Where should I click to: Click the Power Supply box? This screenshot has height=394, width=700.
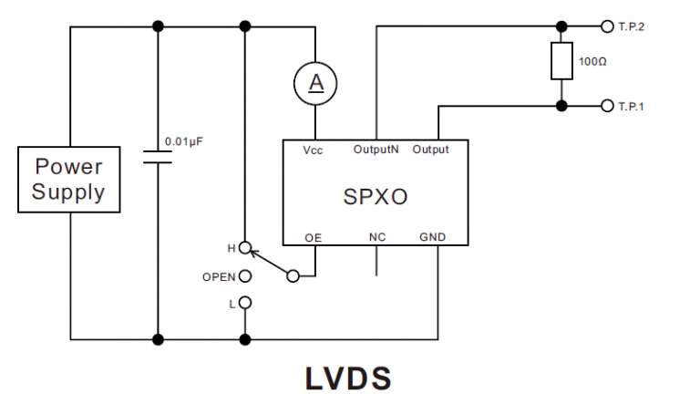click(x=69, y=180)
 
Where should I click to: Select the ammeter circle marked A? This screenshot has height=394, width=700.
click(x=314, y=83)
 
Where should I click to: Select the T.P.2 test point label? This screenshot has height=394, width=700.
click(x=632, y=26)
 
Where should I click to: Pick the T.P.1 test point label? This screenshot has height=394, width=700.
click(x=632, y=107)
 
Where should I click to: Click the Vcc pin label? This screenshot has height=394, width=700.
click(x=314, y=150)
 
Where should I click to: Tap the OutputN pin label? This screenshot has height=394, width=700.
click(x=376, y=150)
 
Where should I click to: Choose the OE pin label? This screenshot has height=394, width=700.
click(x=314, y=237)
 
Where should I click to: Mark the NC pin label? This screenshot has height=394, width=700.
click(x=376, y=237)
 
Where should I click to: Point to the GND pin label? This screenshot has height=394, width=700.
click(x=432, y=237)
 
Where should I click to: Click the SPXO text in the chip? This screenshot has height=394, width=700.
click(x=374, y=194)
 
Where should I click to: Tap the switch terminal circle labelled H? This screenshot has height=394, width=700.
click(x=244, y=247)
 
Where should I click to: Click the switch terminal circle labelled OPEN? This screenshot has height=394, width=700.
click(x=244, y=275)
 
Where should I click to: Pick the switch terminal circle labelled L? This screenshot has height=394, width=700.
click(x=244, y=302)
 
